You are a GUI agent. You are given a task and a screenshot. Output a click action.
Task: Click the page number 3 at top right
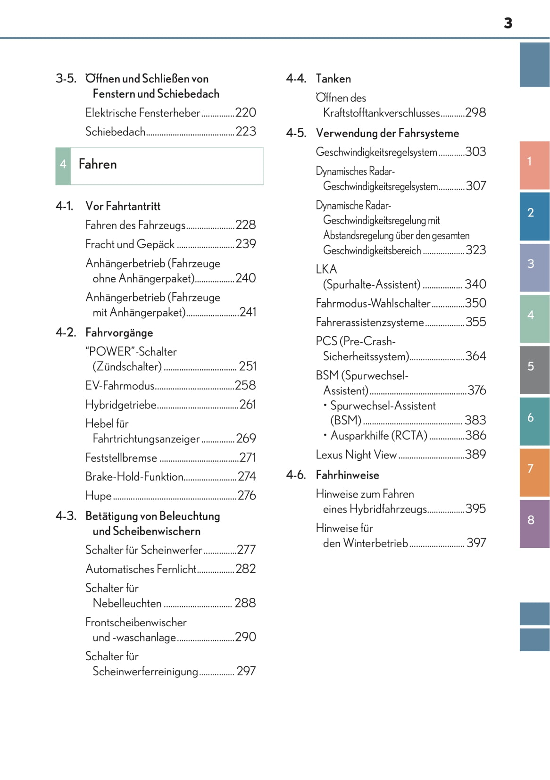[x=508, y=23]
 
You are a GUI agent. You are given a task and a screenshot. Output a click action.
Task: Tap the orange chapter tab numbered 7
[x=534, y=472]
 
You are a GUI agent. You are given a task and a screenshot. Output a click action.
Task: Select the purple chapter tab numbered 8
[x=534, y=523]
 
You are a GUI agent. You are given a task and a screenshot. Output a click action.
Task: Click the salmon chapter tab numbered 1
[x=534, y=165]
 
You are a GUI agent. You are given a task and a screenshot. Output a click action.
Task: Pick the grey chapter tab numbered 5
[x=534, y=369]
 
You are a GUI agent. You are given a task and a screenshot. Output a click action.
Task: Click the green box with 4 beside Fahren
[x=63, y=166]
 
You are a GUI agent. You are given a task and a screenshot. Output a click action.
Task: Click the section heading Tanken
[x=333, y=79]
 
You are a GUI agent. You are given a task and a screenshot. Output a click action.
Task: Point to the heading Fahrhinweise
[x=347, y=475]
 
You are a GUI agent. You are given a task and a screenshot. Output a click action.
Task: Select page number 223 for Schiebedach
[x=246, y=132]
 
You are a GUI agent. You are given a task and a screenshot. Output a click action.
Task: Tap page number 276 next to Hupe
[x=247, y=496]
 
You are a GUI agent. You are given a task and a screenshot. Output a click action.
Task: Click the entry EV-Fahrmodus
[x=120, y=386]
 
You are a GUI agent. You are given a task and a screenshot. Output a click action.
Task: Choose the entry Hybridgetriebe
[x=121, y=405]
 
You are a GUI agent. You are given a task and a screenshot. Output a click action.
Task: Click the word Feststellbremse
[x=121, y=458]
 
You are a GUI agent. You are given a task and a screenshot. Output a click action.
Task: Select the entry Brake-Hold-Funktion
[x=134, y=477]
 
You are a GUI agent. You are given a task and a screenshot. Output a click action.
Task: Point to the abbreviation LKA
[x=326, y=269]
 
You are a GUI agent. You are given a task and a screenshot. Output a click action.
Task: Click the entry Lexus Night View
[x=356, y=455]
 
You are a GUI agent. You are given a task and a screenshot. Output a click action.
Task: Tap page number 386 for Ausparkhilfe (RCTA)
[x=475, y=436]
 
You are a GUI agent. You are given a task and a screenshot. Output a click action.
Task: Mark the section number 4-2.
[x=66, y=332]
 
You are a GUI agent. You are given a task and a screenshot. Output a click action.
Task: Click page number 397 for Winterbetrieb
[x=476, y=543]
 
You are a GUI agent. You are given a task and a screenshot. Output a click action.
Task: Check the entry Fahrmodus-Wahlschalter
[x=373, y=303]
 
